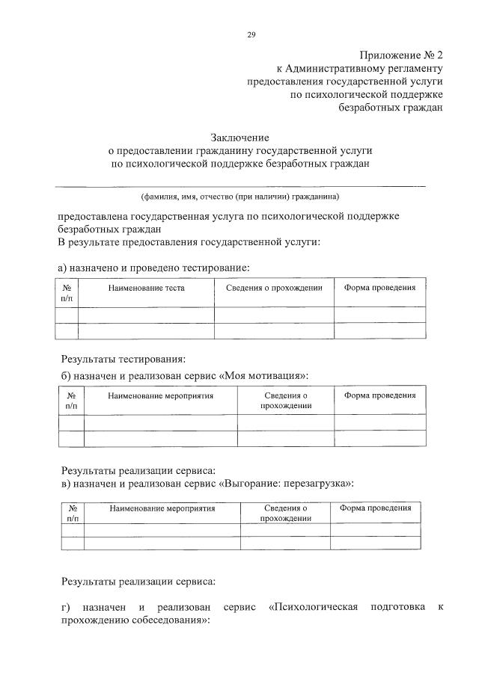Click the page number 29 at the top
tap(251, 34)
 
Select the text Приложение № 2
tap(401, 55)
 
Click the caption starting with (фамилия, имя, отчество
tap(240, 197)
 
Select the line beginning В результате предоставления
tap(189, 242)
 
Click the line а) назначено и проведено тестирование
tap(153, 267)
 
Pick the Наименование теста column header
tap(146, 288)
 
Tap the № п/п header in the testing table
tap(67, 293)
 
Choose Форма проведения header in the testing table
tap(379, 288)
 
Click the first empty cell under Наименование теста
tap(146, 315)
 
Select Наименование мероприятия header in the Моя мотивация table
tap(160, 395)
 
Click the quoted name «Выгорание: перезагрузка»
tap(287, 483)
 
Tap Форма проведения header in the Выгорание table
tap(375, 508)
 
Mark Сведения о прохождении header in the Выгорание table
tap(285, 513)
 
